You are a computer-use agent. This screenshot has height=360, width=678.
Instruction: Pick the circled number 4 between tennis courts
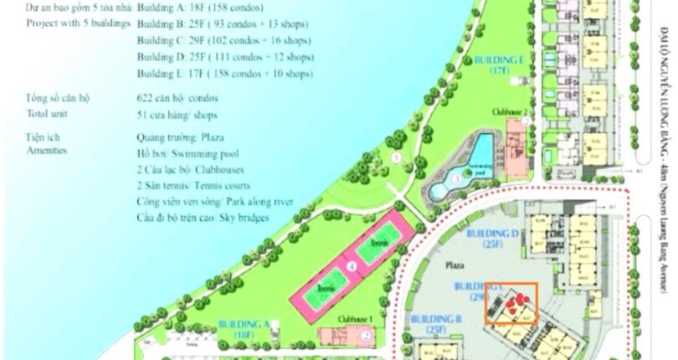[x=352, y=266]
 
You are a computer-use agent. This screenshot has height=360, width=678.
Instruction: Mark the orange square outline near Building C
[x=511, y=303]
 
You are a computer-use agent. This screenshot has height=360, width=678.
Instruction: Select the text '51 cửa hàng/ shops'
[x=171, y=113]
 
